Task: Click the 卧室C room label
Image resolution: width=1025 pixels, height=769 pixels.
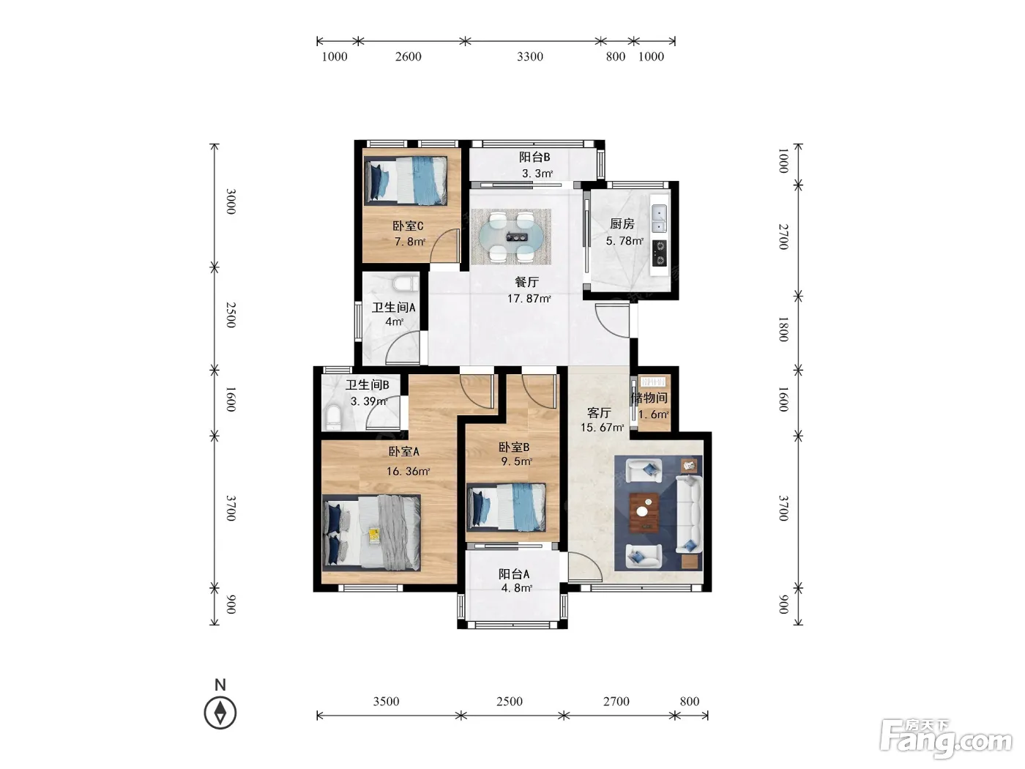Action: coord(408,226)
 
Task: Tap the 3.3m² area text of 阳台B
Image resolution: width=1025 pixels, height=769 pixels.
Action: coord(537,174)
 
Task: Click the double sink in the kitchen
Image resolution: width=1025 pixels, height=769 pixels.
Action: coord(659,218)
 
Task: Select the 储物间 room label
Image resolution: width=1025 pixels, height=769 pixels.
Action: coord(649,398)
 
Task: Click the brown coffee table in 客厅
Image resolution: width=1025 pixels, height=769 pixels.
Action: coord(644,512)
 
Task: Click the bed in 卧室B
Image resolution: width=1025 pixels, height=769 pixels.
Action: coord(506,508)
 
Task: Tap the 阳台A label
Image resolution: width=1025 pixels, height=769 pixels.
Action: coord(514,574)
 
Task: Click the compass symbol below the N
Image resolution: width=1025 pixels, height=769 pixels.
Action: coord(220,713)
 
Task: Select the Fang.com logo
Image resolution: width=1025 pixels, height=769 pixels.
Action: coord(946,740)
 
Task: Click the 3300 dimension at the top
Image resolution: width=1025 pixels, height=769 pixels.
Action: coord(529,56)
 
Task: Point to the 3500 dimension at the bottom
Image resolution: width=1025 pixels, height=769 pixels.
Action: coord(386,702)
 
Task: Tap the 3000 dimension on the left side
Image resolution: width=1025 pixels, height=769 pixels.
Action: coord(231,201)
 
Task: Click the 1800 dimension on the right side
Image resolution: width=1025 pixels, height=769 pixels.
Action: coord(783,329)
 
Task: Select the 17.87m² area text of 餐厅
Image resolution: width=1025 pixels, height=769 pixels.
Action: coord(529,298)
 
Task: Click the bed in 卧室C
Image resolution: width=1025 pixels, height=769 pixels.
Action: coord(406,180)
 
